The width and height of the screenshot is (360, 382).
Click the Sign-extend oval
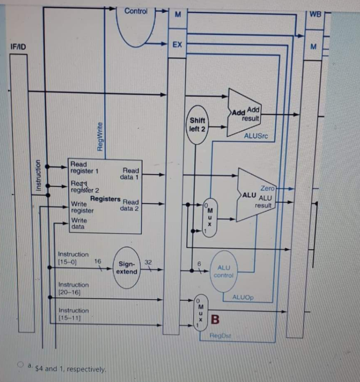click(x=127, y=268)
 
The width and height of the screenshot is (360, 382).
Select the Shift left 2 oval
click(x=197, y=125)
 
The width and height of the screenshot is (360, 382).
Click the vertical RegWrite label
click(x=100, y=136)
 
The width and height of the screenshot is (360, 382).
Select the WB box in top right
click(x=315, y=14)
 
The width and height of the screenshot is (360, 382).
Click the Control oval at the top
click(x=137, y=22)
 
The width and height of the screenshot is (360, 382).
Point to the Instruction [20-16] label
click(x=73, y=288)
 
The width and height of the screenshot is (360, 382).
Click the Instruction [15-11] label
click(x=73, y=314)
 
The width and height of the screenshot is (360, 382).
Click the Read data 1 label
click(x=130, y=174)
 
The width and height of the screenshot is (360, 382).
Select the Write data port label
click(x=79, y=223)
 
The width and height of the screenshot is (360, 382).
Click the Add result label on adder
click(x=253, y=115)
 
